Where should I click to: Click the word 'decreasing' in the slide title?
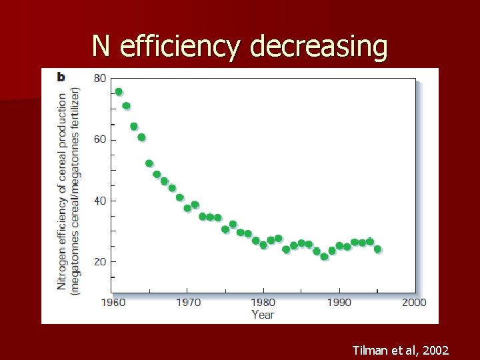coord(319,47)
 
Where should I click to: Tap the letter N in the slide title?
coord(101,47)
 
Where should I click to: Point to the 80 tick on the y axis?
coord(99,78)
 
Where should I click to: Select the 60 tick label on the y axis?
coord(99,139)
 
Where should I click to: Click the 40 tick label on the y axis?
coord(99,201)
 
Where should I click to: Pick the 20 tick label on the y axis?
coord(99,262)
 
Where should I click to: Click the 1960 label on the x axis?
coord(113,303)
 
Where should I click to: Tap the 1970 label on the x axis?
coord(188,303)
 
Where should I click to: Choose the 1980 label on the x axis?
coord(263,303)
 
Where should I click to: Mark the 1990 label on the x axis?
coord(339,303)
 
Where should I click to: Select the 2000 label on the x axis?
coord(414,303)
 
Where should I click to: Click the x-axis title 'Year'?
coord(263,315)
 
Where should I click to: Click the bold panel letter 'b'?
coord(61,77)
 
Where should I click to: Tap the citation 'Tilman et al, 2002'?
coord(401,350)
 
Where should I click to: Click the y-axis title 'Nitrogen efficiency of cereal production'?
coord(63,190)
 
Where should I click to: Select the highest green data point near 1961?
coord(119,92)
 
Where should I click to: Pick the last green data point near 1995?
coord(377,249)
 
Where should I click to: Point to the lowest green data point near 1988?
coord(324,257)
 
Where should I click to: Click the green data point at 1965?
coord(149,163)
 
